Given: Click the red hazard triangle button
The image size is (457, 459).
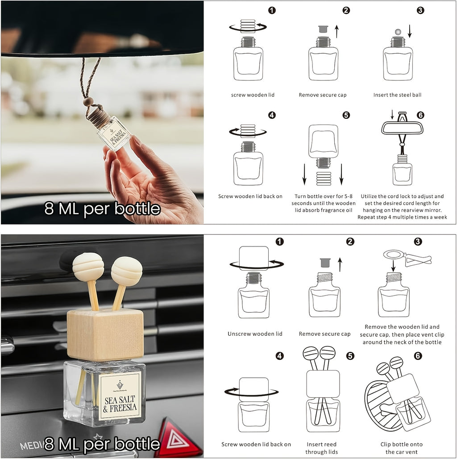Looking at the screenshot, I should click(177, 439).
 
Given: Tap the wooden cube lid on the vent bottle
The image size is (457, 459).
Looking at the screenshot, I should click(105, 335).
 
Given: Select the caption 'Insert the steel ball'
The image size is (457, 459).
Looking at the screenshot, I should click(397, 95).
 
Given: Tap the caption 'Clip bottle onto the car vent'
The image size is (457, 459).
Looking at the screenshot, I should click(401, 448).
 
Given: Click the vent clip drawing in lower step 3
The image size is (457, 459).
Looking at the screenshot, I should click(407, 258).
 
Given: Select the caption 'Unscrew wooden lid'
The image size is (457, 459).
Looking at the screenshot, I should click(255, 334).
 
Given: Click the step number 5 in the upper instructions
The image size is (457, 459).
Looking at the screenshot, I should click(346, 115).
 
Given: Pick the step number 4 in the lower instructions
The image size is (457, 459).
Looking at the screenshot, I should click(280, 356).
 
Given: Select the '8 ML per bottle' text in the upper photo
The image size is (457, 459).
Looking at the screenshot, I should click(102, 209).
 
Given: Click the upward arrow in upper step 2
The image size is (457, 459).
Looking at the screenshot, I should click(337, 31).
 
